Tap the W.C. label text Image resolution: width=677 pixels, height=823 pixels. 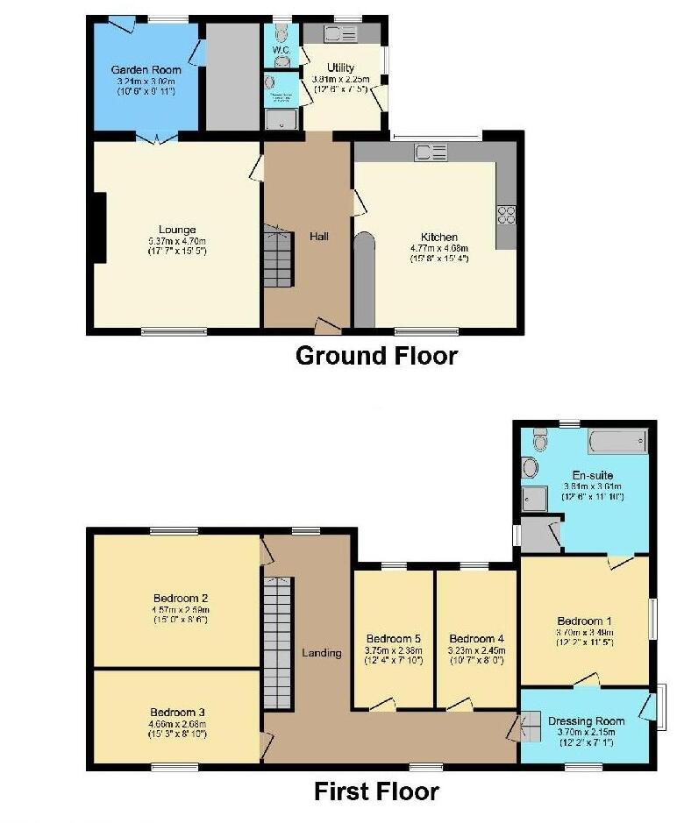[x=281, y=51]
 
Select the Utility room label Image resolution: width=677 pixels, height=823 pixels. [x=340, y=67]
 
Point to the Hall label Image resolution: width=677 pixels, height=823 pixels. [x=318, y=236]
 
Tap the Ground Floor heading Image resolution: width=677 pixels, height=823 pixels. [x=376, y=356]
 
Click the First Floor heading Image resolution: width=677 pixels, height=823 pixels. [x=376, y=791]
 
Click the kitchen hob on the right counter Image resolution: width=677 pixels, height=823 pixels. [x=507, y=215]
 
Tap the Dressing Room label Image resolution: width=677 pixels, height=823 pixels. [x=587, y=720]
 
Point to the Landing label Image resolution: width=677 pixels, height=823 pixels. [x=321, y=653]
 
